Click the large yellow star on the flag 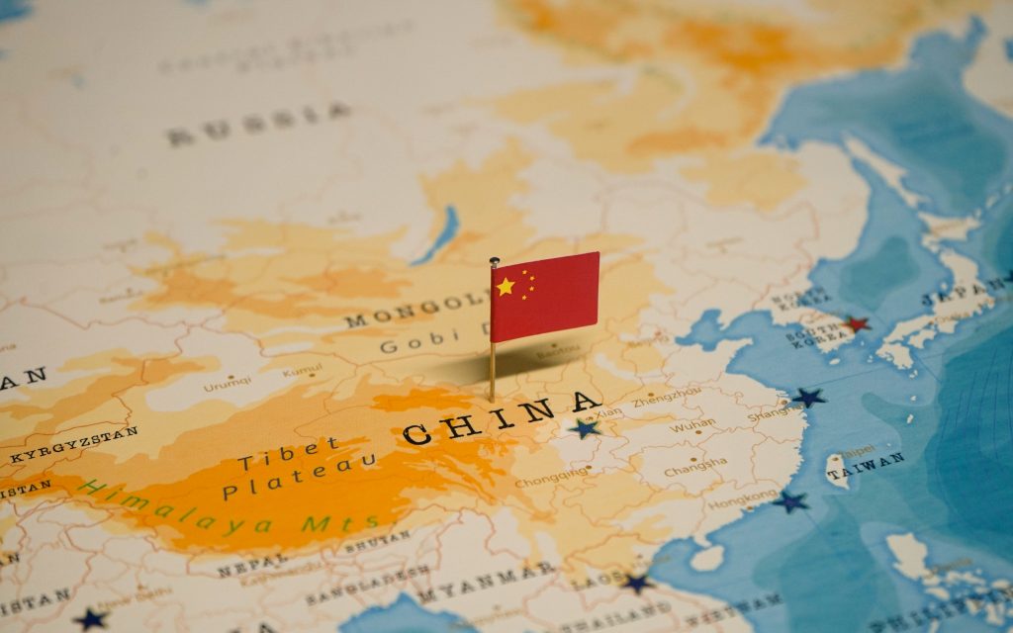(x=506, y=287)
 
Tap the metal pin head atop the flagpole (x=494, y=262)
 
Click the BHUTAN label (x=377, y=538)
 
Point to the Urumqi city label (x=227, y=384)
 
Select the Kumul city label (x=302, y=371)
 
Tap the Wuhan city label (x=691, y=425)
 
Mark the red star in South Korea (x=856, y=323)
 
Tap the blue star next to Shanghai (x=809, y=398)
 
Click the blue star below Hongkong (x=790, y=501)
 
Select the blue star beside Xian (x=585, y=428)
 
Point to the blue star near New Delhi (x=91, y=619)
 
